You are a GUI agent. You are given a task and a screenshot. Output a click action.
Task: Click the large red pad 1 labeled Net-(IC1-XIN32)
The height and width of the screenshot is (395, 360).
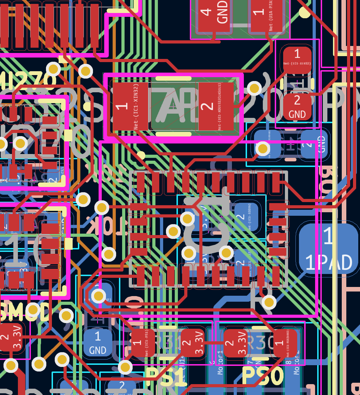point(126,106)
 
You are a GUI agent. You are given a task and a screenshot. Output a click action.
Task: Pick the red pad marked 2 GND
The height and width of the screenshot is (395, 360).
point(297,106)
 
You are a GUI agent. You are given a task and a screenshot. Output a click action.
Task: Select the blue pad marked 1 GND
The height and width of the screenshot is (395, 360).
point(98,342)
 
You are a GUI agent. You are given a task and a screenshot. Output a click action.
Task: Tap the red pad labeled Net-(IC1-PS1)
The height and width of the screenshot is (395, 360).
point(142,343)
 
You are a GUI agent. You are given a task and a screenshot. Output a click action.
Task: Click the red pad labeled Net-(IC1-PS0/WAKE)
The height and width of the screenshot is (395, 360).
point(285,343)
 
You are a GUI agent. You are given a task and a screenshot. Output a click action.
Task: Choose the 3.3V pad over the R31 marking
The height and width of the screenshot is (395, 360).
point(192,343)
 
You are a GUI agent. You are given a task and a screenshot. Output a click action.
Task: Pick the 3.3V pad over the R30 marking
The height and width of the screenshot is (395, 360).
point(235,343)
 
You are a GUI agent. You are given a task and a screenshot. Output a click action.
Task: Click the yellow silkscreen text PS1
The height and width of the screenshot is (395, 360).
point(165,377)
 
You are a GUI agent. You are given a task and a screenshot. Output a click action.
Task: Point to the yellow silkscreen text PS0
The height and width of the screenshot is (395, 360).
point(262,377)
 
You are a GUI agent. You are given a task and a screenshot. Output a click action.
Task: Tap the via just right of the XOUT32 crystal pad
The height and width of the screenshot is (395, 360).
point(254,88)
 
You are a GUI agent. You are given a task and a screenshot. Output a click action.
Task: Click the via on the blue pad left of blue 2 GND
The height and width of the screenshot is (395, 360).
point(263,148)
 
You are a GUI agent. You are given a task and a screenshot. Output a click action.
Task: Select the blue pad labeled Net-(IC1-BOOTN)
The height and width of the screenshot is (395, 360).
point(246,217)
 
